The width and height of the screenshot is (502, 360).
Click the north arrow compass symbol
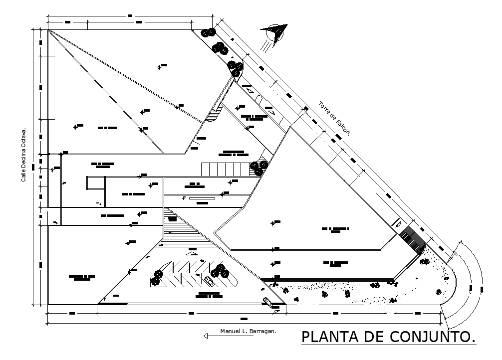[x=274, y=33]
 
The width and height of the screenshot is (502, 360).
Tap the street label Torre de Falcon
[x=335, y=119]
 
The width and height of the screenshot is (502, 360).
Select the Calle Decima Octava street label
[x=23, y=156]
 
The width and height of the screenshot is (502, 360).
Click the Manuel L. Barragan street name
[x=248, y=331]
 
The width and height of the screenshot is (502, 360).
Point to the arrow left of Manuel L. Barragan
[x=209, y=336]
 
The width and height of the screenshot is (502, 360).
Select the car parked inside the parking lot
[x=209, y=281]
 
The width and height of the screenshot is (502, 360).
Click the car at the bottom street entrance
[x=267, y=301]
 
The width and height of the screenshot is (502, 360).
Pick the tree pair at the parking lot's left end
[x=157, y=278]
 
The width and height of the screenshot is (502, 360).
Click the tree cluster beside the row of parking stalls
[x=258, y=168]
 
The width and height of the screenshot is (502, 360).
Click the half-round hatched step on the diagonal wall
[x=213, y=115]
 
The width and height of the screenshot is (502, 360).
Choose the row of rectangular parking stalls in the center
[x=225, y=169]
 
